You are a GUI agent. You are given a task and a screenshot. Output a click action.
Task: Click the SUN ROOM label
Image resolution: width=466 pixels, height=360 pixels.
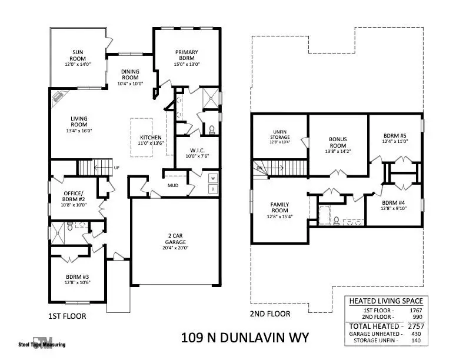[78, 55]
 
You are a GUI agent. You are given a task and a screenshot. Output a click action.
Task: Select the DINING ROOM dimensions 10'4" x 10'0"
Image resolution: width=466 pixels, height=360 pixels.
[130, 84]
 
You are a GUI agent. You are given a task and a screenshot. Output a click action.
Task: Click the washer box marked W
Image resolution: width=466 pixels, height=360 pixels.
[213, 178]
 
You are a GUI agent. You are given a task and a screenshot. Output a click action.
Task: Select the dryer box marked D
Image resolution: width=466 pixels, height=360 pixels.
[213, 189]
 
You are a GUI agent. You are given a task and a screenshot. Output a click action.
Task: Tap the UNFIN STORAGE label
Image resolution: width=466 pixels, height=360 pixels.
[280, 134]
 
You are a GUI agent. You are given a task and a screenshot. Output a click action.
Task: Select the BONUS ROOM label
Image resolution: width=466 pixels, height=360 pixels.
[338, 142]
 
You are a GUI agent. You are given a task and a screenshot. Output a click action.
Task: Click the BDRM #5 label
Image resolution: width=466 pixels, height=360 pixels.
[395, 136]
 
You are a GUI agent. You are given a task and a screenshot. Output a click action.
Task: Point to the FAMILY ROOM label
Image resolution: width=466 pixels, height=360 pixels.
[279, 207]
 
